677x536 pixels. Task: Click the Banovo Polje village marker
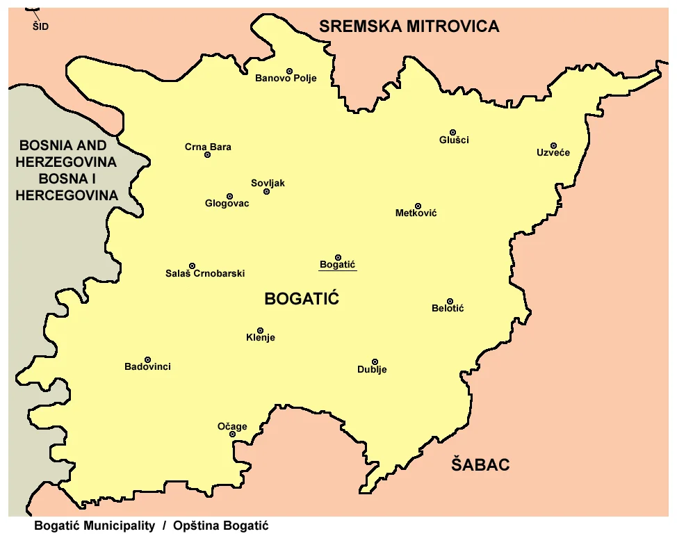tap(290, 71)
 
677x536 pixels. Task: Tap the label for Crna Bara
tap(208, 147)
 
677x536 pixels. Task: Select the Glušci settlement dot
tap(452, 132)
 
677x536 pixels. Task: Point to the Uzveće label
tap(553, 153)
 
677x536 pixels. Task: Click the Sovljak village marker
tap(266, 191)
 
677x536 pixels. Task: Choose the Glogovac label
tap(227, 204)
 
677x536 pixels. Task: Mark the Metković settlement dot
tap(418, 206)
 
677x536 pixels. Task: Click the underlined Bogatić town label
tap(337, 265)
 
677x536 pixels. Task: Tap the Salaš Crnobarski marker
tap(193, 266)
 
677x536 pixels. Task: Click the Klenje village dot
tap(261, 330)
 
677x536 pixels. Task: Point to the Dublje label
tap(372, 370)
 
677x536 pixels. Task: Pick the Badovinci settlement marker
tap(147, 359)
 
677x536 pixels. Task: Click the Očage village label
tap(231, 427)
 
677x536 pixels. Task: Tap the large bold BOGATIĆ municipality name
tap(301, 300)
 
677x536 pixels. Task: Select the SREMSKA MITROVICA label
tap(409, 26)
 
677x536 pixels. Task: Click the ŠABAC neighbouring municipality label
tap(480, 464)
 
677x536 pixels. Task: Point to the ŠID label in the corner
tap(40, 27)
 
